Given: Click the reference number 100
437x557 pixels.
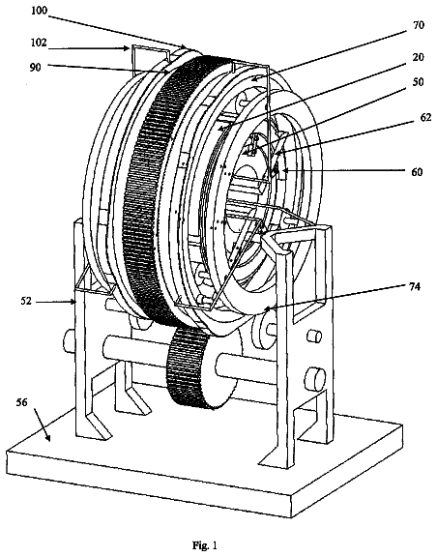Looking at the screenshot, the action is pos(39,11).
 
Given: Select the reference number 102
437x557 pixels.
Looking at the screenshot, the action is pos(39,43).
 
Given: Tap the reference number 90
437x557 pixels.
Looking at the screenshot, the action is pos(35,68).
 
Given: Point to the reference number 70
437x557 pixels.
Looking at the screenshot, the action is pos(419,25).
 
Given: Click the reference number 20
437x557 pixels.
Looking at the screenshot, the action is pos(419,57).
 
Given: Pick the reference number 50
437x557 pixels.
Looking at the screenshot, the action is pos(419,82).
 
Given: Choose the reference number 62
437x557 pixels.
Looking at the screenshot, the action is pos(425,117).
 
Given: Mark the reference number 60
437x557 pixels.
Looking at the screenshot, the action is pos(417,172).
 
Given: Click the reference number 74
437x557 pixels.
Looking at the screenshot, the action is pos(415,286).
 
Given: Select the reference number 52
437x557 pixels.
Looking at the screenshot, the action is pos(26,302).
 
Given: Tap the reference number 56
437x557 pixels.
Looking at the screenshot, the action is pos(21,402).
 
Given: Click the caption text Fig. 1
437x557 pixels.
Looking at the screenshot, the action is pos(205,545).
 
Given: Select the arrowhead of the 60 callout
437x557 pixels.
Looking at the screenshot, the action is pos(281,172).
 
